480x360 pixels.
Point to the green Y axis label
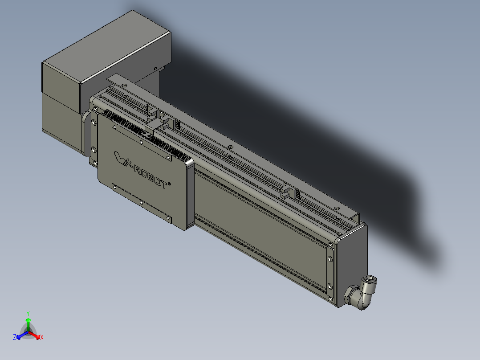pos(28,313)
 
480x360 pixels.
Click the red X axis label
pos(42,338)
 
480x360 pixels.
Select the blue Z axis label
pos(15,338)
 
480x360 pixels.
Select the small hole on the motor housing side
pos(155,68)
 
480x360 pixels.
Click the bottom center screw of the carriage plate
pos(141,202)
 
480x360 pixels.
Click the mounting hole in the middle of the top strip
pos(230,147)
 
